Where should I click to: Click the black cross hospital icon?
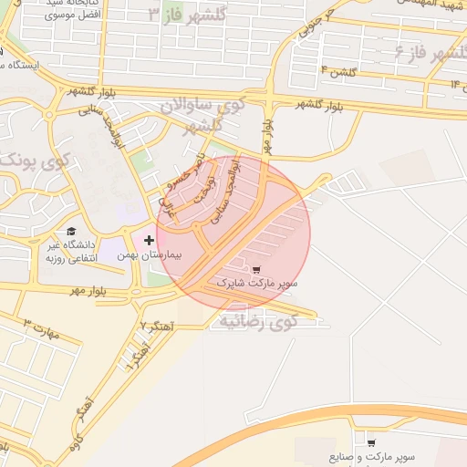point(150,239)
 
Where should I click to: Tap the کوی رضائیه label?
point(259,320)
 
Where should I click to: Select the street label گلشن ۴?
point(336,70)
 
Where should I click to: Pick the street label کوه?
point(73,444)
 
